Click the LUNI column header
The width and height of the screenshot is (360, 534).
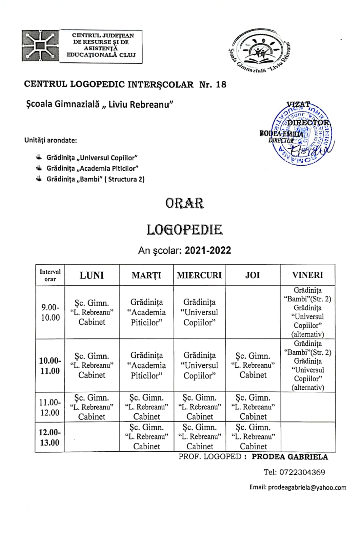coord(92,275)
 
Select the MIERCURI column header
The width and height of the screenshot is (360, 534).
coord(199,275)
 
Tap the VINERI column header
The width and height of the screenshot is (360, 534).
coord(308,275)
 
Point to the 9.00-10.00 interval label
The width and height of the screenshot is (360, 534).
coord(50,312)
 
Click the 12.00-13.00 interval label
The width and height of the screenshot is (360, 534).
coord(50,437)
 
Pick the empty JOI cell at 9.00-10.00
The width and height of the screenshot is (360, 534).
coord(252,312)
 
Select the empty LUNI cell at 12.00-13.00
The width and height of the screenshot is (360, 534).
coord(92,437)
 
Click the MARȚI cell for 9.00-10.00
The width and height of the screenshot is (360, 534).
coord(146,312)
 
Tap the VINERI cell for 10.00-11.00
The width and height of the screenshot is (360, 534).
coord(308,365)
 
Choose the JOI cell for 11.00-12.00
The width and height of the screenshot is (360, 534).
coord(253,407)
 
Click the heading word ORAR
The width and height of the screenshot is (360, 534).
coord(184,203)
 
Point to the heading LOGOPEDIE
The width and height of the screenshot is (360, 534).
coord(184,230)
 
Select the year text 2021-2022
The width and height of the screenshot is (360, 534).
coord(208,251)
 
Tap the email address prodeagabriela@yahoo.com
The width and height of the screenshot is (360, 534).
coord(307,488)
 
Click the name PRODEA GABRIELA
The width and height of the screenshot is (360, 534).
coord(290,457)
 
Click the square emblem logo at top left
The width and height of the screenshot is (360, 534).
coord(40,46)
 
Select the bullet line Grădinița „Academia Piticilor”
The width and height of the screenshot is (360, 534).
coord(92,169)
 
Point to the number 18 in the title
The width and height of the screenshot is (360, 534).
coord(221,84)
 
